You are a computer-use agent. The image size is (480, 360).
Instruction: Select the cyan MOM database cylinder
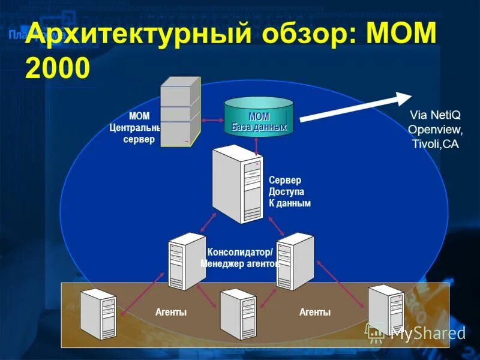click(x=259, y=118)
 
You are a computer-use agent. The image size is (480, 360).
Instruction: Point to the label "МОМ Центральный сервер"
click(x=136, y=128)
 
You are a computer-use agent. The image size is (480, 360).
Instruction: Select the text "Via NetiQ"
click(x=434, y=115)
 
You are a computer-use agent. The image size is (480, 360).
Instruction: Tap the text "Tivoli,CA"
click(x=436, y=145)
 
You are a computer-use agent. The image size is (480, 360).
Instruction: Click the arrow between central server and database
click(x=212, y=121)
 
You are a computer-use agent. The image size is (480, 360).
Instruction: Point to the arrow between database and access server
click(x=256, y=143)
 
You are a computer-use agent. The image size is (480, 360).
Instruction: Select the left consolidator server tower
click(x=187, y=261)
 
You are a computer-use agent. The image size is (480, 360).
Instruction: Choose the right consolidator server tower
click(x=295, y=260)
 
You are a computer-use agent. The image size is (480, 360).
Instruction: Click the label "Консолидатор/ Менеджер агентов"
click(x=240, y=257)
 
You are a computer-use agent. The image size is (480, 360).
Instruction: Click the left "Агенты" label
click(x=171, y=312)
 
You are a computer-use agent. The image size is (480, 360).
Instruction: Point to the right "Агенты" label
click(x=315, y=312)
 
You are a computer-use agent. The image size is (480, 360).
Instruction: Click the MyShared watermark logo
click(x=416, y=332)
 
